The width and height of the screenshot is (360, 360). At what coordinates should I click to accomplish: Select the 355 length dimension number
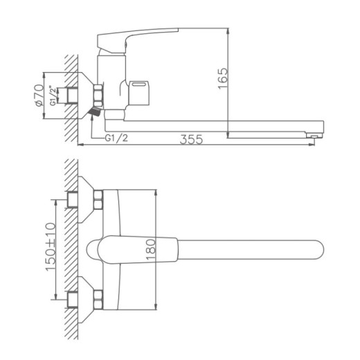[192, 139]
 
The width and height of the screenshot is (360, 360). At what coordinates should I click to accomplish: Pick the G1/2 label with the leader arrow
[117, 138]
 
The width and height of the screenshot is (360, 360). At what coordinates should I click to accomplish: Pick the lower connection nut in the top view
[98, 299]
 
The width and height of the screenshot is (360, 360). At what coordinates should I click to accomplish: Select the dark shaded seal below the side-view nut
[95, 111]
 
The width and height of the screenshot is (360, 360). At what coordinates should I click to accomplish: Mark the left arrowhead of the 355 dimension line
[80, 145]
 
